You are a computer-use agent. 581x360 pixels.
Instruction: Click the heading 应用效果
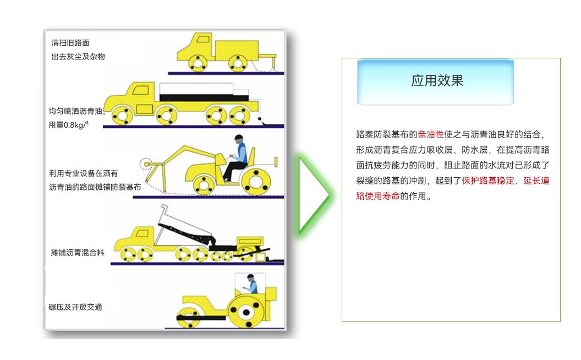pos(437,80)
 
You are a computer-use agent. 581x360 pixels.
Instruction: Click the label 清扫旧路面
pos(70,43)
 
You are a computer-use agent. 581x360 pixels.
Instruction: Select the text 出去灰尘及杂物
pos(78,57)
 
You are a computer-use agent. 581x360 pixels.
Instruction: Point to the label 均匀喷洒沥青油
pos(76,111)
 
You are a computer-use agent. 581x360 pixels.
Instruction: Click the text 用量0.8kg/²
pos(69,125)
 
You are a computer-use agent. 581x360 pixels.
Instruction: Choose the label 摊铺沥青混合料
pos(78,253)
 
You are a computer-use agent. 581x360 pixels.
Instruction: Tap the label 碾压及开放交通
pos(75,307)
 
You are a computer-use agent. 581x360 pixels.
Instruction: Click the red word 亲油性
pos(431,134)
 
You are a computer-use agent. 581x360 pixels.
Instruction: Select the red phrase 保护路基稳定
pos(488,181)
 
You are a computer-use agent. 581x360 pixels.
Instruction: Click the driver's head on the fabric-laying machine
pos(239,139)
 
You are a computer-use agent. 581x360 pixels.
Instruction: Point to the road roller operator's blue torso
pos(253,286)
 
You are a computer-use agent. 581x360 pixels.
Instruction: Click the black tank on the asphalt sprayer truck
pos(204,98)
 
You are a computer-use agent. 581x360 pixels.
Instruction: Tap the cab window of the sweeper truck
pos(203,39)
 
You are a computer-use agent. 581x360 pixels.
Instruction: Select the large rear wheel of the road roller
pos(246,312)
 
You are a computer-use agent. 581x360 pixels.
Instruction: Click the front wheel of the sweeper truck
pos(198,63)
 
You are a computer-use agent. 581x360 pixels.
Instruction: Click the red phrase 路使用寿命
pos(378,196)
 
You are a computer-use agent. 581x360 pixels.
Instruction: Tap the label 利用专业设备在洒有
pos(84,173)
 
